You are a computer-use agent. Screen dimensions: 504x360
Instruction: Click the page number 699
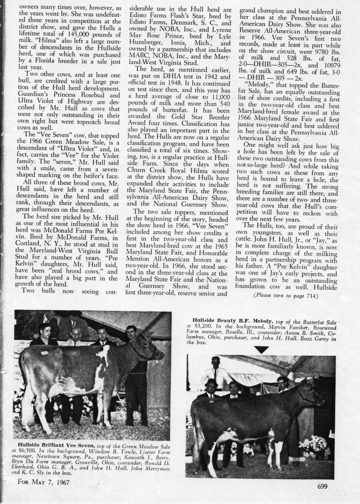[x=322, y=486]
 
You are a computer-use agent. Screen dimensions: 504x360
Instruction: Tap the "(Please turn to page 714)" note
[x=285, y=295]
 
